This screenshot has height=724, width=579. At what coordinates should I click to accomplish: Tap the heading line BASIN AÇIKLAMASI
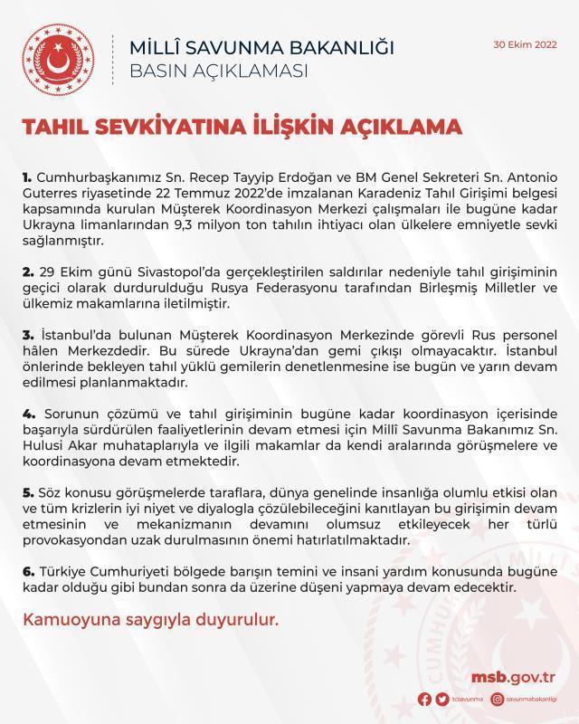(220, 70)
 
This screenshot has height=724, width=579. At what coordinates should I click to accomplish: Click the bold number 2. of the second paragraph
(27, 271)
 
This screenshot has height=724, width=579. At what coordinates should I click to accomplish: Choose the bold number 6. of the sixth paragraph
(27, 572)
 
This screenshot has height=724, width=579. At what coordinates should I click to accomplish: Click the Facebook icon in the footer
(425, 699)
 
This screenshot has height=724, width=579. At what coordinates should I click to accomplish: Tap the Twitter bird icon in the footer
(441, 699)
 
